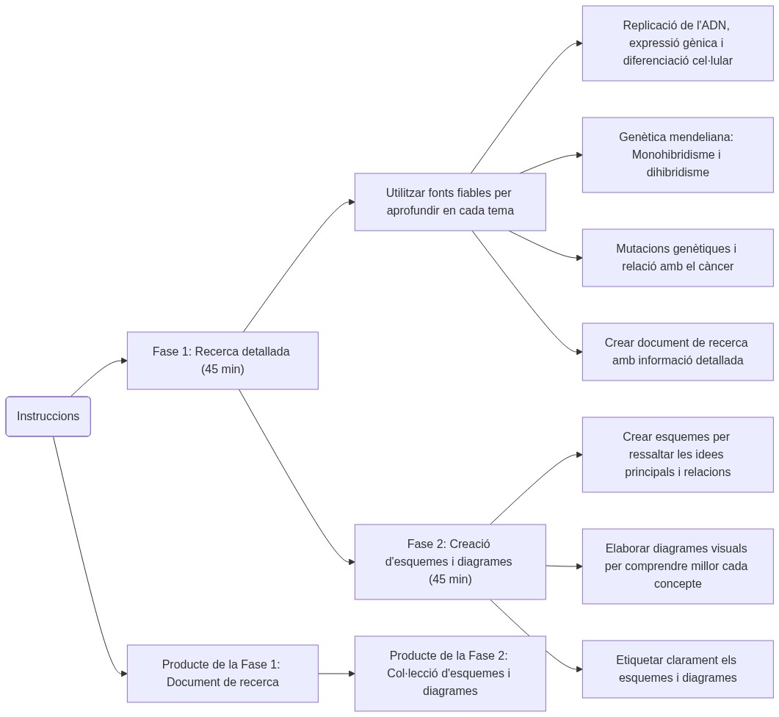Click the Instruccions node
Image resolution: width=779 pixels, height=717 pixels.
(x=48, y=417)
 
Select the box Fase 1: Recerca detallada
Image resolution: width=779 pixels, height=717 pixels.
(x=222, y=361)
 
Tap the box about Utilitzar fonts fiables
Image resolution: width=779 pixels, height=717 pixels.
(x=450, y=202)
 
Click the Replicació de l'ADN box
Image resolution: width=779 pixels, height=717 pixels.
(x=678, y=43)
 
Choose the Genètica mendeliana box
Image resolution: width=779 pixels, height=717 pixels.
(x=678, y=155)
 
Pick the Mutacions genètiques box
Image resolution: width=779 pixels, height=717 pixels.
(x=678, y=258)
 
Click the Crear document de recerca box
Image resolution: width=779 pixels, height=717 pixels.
(x=678, y=352)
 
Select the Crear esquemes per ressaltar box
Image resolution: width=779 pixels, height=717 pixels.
(x=678, y=455)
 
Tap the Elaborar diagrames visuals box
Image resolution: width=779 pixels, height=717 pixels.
(x=678, y=566)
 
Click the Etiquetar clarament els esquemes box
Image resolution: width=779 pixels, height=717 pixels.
(x=678, y=669)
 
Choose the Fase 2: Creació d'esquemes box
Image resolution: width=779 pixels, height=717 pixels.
(x=450, y=562)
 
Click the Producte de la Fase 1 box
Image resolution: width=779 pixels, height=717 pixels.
(x=222, y=674)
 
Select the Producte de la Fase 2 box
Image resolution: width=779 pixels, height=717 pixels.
(x=450, y=674)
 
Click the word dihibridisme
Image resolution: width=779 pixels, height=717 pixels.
(x=678, y=173)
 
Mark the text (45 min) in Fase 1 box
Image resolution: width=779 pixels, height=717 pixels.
(x=222, y=370)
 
